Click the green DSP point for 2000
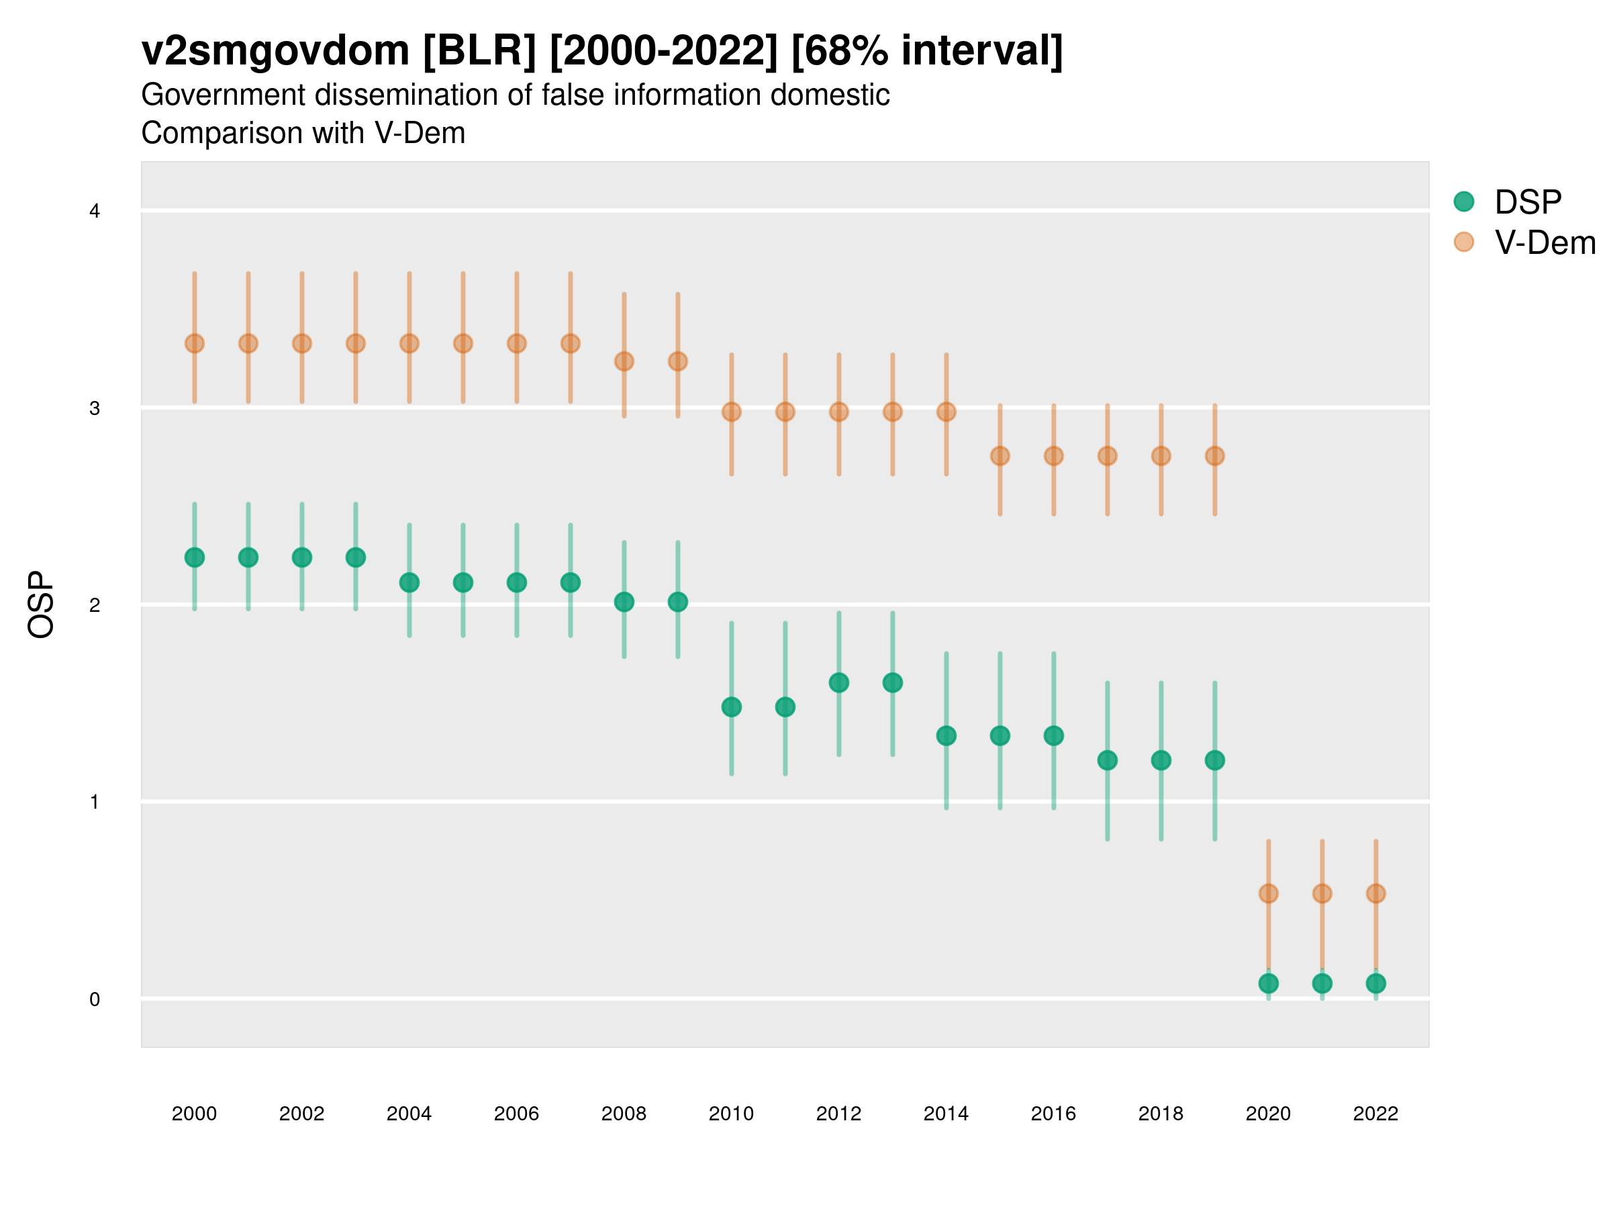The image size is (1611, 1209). point(195,557)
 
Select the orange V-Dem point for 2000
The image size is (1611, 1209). point(195,343)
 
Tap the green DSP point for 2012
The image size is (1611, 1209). point(839,683)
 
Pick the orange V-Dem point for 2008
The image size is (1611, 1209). point(624,361)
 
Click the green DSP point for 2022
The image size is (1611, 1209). point(1376,983)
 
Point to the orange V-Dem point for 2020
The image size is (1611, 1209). point(1269,893)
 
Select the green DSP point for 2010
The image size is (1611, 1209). point(732,707)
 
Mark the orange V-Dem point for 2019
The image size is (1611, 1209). point(1215,456)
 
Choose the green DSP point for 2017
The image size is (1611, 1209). point(1108,761)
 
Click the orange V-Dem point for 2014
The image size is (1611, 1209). point(946,412)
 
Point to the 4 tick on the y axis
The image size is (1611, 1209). point(95,212)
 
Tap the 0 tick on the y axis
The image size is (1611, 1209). point(95,999)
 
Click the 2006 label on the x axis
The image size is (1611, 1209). point(516,1114)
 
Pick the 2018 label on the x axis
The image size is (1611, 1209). point(1161,1114)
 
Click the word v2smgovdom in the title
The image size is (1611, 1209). point(275,51)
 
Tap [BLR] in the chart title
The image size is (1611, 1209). point(479,51)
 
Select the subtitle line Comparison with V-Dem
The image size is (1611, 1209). point(303,134)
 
